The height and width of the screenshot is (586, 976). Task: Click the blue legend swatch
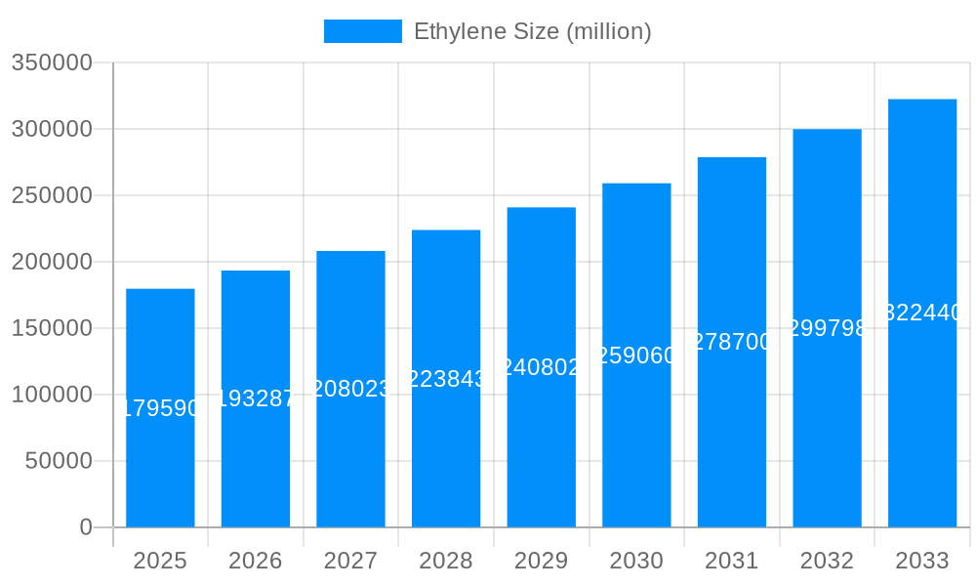tap(362, 31)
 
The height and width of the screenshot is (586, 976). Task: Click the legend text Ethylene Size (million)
tap(532, 31)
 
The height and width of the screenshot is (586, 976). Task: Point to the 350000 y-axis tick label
tap(52, 63)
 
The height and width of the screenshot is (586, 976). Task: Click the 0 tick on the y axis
tap(85, 527)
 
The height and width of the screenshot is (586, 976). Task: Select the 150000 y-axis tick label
tap(52, 328)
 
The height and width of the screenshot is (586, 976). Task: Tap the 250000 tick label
tap(52, 195)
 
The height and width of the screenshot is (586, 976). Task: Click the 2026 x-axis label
tap(256, 561)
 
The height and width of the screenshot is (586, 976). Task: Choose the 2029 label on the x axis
tap(542, 561)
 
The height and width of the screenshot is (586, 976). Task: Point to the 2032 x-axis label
tap(827, 561)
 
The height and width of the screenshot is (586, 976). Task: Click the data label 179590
tap(160, 408)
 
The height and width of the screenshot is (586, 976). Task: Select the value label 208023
tap(350, 389)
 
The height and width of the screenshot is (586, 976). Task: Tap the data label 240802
tap(542, 367)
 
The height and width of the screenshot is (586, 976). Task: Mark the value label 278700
tap(732, 342)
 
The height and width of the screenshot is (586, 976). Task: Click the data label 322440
tap(922, 313)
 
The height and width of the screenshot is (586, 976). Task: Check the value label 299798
tap(827, 328)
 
